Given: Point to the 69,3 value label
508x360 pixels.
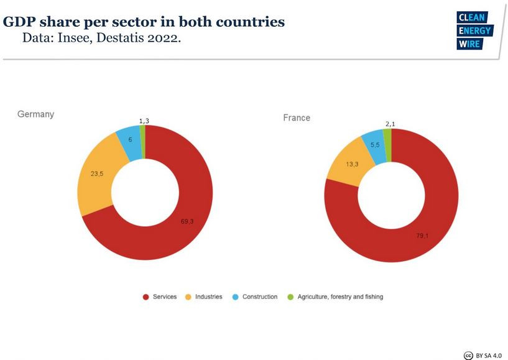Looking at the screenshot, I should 187,221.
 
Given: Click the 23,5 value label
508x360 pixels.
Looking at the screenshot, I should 97,174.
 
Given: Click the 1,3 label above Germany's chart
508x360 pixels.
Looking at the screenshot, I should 144,121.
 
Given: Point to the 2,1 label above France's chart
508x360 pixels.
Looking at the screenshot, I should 390,124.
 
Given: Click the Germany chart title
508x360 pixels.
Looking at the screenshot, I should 35,114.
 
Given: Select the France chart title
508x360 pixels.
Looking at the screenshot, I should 297,118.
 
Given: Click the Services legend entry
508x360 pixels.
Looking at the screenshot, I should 160,297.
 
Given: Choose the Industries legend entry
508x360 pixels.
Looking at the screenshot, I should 204,297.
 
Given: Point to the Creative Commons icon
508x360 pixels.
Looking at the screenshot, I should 469,355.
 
